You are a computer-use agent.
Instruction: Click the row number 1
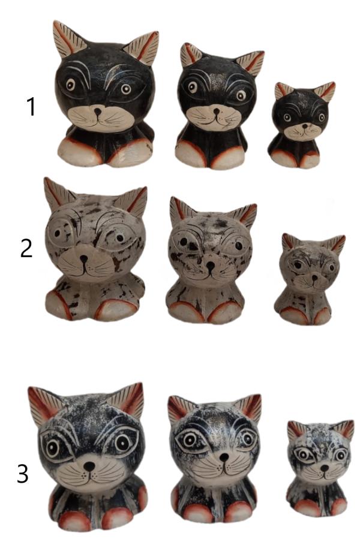(31, 107)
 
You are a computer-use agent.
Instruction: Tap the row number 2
(26, 248)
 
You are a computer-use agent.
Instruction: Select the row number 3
(23, 474)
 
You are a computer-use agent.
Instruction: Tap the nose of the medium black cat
(216, 111)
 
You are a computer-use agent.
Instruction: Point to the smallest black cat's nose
(305, 126)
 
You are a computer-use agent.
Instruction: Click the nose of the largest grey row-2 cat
(83, 258)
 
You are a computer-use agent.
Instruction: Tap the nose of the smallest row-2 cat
(314, 276)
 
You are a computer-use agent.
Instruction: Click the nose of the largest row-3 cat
(89, 466)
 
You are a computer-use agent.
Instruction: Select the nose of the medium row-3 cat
(224, 457)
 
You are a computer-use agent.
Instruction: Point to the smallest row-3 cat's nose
(325, 468)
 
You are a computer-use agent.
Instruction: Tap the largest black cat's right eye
(126, 89)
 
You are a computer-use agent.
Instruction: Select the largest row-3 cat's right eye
(122, 442)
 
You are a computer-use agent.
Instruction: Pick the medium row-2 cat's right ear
(245, 215)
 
